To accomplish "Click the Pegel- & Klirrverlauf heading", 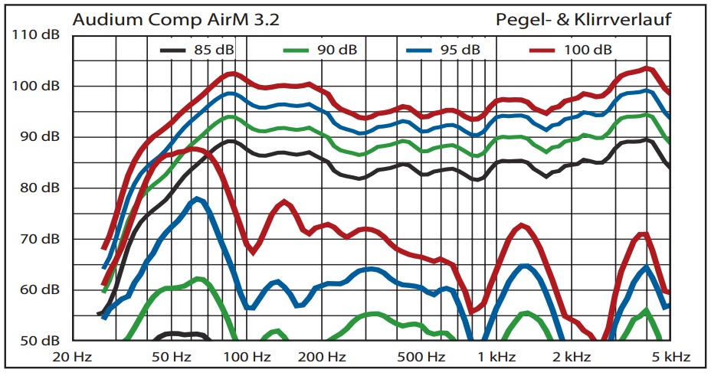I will click(x=584, y=20).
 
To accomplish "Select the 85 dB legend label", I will click(x=214, y=51).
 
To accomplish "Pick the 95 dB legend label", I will click(x=460, y=51).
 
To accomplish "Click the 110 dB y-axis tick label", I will click(x=36, y=36).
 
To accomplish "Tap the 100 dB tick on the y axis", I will click(x=36, y=87).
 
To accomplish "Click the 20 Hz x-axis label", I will click(x=73, y=357).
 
